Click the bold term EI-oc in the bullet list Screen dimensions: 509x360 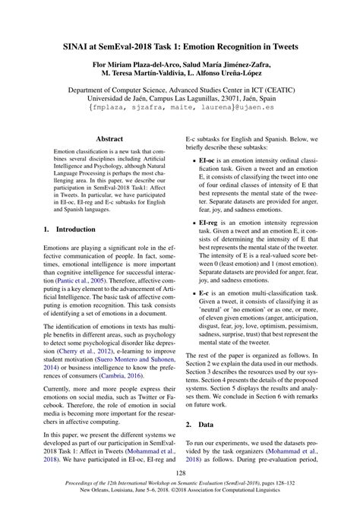pos(209,161)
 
